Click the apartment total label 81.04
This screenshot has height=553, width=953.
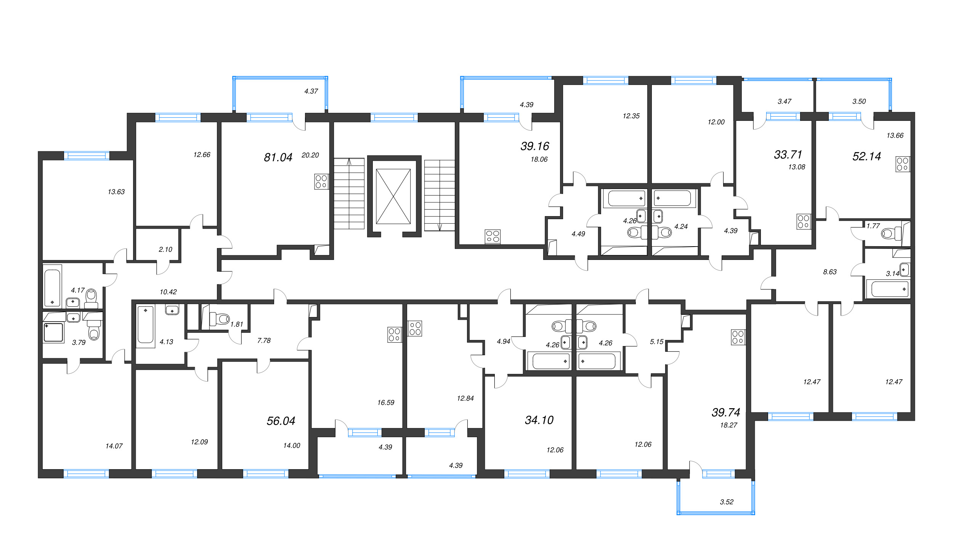click(278, 157)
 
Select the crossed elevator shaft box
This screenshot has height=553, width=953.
click(393, 196)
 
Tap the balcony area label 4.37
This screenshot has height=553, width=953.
click(311, 91)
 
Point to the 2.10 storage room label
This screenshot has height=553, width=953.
click(165, 249)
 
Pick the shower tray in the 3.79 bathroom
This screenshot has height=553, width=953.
click(53, 332)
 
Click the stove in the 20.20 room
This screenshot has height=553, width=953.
click(321, 181)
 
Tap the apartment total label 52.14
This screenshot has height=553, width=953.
click(866, 156)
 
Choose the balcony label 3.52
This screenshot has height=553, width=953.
click(727, 502)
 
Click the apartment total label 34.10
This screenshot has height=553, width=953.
click(539, 420)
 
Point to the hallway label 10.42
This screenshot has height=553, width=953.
click(168, 292)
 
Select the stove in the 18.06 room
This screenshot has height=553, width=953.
click(493, 236)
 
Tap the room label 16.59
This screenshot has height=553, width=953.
click(386, 402)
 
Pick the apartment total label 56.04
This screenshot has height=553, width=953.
click(281, 421)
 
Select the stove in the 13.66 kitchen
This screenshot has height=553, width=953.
click(902, 164)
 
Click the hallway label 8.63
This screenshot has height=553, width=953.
click(830, 272)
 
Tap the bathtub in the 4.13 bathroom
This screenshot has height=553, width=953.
click(146, 325)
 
